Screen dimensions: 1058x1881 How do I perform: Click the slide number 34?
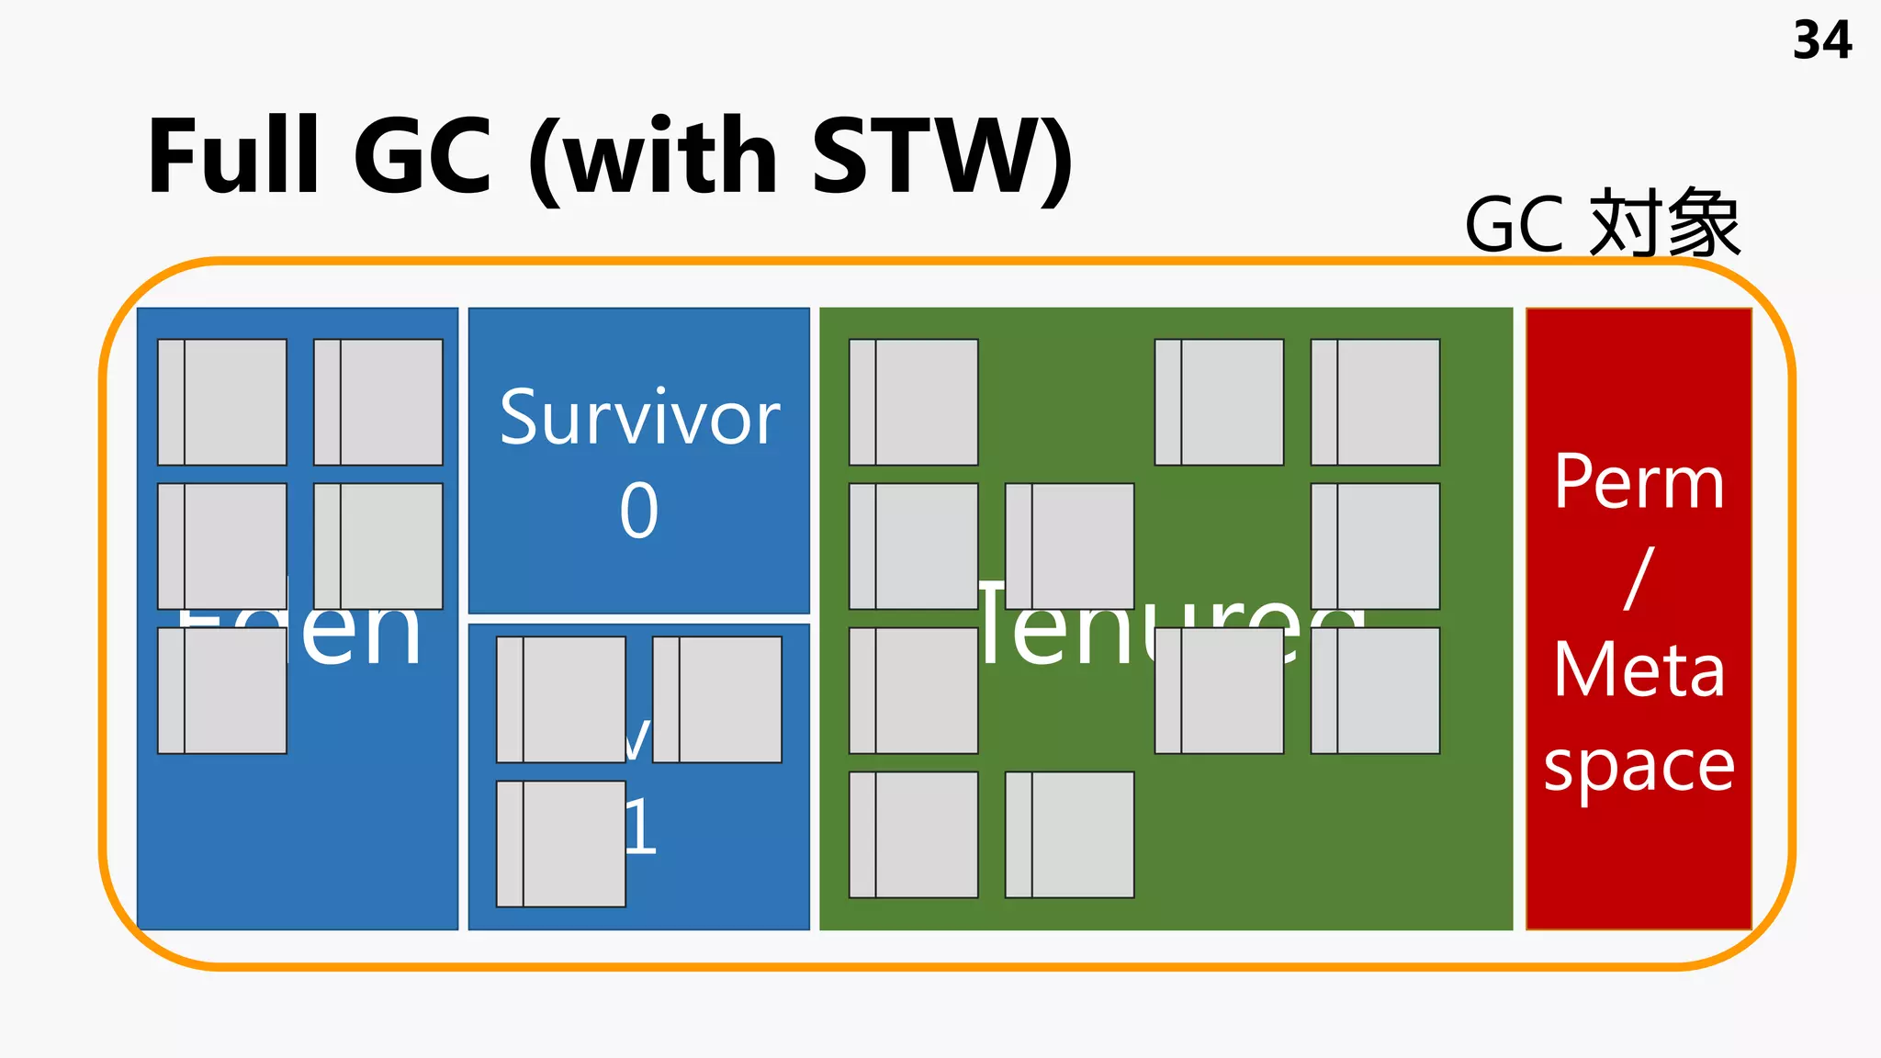(1821, 41)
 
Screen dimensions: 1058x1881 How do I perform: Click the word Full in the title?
(232, 156)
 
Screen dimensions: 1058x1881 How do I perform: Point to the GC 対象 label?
(1602, 224)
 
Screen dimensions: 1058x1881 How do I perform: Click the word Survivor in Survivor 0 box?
(639, 419)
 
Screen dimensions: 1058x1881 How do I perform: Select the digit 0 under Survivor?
(639, 511)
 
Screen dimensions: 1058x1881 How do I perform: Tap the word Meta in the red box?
(1639, 670)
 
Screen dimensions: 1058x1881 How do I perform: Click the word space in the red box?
(1639, 767)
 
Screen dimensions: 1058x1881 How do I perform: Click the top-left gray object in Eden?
(222, 402)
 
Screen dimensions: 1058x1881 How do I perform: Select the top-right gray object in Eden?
(378, 402)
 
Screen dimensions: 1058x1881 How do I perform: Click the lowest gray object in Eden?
(222, 691)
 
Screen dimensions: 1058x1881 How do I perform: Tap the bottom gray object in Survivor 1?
(561, 844)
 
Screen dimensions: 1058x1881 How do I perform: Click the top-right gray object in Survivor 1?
(717, 700)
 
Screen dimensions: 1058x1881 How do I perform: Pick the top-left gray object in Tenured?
(914, 402)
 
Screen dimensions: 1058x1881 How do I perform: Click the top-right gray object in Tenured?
(1375, 402)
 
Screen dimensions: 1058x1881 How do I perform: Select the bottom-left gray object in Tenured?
(914, 835)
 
